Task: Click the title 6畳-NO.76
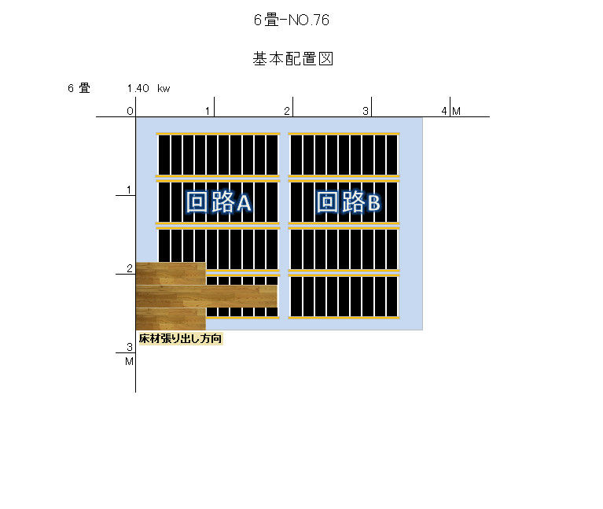tap(292, 20)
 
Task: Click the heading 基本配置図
tap(292, 59)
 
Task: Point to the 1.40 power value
tap(138, 88)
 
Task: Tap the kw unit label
tap(164, 89)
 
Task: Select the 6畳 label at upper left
tap(79, 88)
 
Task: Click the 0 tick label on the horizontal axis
tap(130, 111)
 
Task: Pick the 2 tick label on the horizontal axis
tap(287, 111)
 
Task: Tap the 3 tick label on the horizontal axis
tap(366, 111)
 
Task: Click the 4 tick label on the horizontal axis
tap(444, 111)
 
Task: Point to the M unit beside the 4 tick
tap(457, 111)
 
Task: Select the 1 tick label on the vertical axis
tap(129, 190)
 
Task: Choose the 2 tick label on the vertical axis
tap(130, 268)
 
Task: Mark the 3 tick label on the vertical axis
tap(130, 347)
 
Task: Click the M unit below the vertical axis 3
tap(129, 362)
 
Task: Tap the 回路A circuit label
tap(219, 201)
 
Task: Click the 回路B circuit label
tap(348, 201)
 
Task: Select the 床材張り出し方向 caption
tap(180, 338)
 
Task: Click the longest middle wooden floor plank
tap(207, 297)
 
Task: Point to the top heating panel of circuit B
tap(344, 155)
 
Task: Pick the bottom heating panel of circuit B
tap(344, 297)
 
